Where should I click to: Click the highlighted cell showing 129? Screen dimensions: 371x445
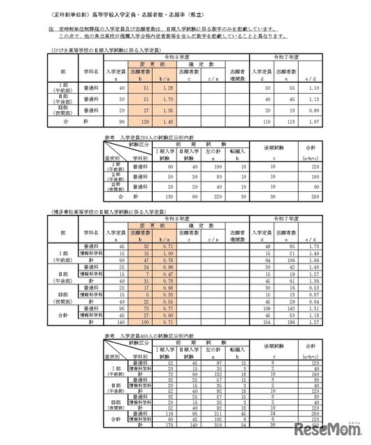145,120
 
